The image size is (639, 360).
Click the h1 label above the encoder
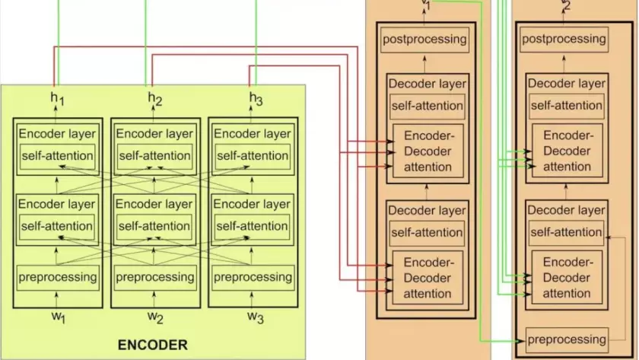click(58, 100)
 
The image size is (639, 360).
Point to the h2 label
click(155, 100)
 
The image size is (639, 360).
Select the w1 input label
click(58, 317)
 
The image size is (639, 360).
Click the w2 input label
click(155, 317)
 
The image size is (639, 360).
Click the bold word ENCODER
click(152, 345)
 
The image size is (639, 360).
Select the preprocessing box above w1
click(58, 276)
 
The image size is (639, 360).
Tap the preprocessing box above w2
click(155, 276)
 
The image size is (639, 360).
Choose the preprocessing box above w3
click(253, 276)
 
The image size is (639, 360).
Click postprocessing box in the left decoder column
click(424, 39)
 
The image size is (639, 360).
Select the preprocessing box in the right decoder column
click(567, 339)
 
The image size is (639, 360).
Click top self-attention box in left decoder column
click(426, 105)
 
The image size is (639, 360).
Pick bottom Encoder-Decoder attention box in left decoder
click(428, 278)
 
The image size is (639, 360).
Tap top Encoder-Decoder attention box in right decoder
click(567, 151)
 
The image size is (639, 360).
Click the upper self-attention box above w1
click(58, 156)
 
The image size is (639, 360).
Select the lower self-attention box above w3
click(253, 225)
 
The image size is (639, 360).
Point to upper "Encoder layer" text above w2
click(155, 134)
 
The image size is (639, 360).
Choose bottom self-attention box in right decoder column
click(567, 231)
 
